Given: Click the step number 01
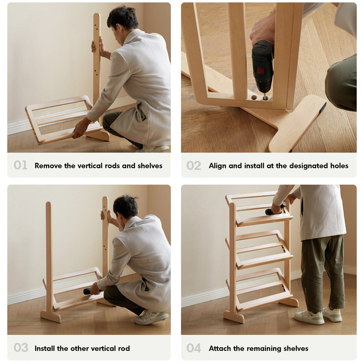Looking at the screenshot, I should [x=20, y=165].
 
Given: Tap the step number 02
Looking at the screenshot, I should [x=194, y=165].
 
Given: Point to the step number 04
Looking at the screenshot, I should [x=194, y=348].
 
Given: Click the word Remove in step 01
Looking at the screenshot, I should [x=48, y=165].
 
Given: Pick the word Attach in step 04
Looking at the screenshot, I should [x=219, y=348].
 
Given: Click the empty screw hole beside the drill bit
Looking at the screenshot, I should [x=254, y=97].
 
